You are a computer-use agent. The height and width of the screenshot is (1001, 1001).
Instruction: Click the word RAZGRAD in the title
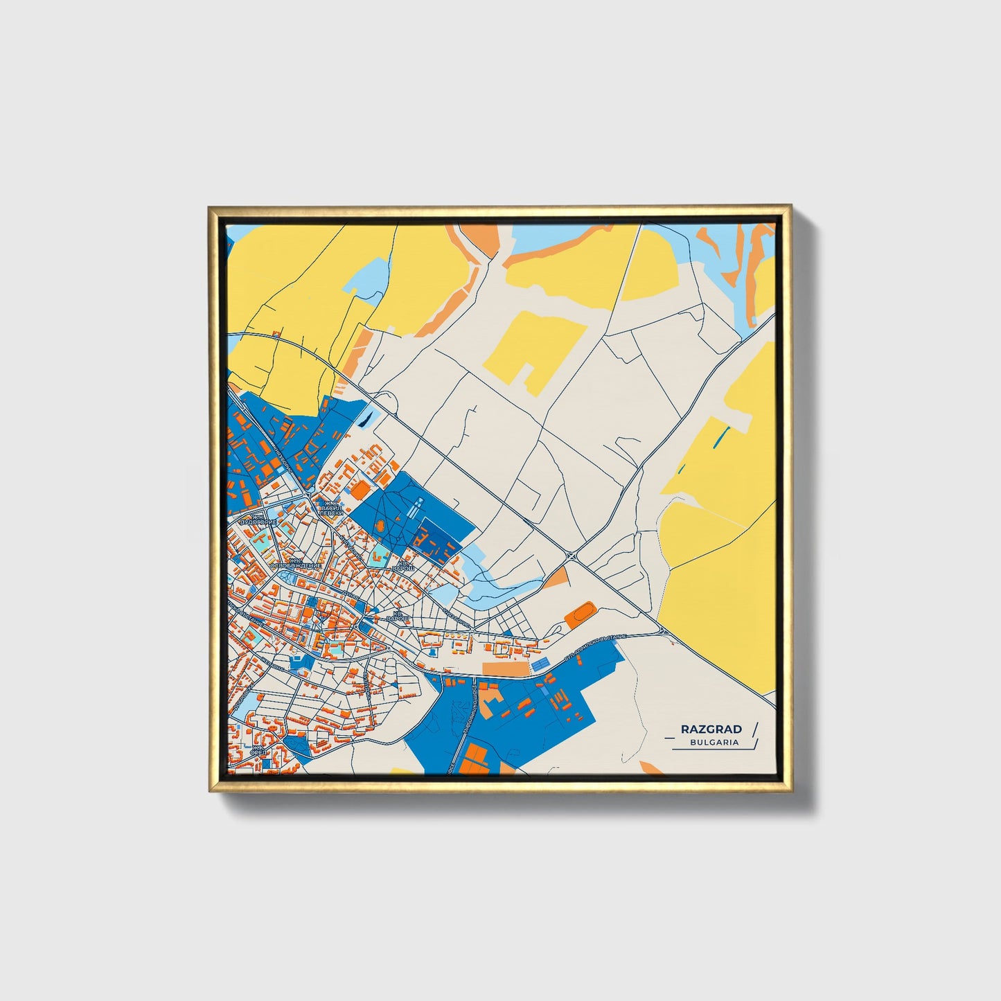711,729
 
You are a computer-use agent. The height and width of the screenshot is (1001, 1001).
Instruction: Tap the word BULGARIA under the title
714,742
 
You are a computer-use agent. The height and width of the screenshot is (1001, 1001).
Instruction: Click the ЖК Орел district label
258,752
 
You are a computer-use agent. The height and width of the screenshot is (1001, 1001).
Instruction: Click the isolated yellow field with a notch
533,350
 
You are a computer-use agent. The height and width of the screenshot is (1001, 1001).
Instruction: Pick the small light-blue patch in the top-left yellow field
366,281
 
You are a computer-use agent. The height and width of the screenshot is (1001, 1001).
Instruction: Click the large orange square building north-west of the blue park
361,490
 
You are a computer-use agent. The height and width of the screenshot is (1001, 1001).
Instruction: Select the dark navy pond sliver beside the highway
366,418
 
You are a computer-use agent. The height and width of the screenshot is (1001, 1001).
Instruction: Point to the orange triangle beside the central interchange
557,578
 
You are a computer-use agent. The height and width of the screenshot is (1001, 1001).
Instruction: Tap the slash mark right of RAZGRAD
754,729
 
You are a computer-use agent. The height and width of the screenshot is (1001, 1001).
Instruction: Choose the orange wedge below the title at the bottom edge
651,768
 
